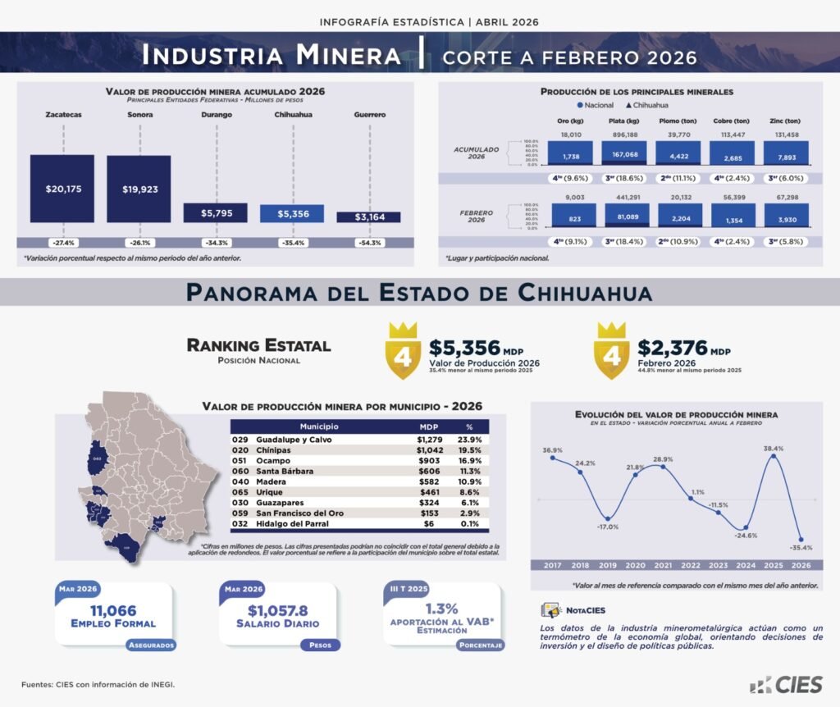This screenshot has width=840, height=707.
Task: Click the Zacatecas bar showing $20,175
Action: click(x=62, y=189)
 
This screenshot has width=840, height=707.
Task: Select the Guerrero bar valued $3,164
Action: click(x=368, y=217)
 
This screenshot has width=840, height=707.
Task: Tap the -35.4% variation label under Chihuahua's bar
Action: click(x=292, y=243)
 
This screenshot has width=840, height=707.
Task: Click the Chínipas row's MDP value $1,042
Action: click(x=430, y=451)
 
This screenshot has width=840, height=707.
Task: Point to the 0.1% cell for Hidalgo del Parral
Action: click(x=469, y=522)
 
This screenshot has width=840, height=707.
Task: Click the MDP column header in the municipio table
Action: click(x=429, y=426)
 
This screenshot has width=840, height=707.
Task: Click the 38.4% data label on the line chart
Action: click(x=774, y=449)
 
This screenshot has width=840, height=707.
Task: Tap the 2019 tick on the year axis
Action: click(x=607, y=565)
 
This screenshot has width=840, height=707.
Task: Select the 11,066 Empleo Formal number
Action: click(x=113, y=610)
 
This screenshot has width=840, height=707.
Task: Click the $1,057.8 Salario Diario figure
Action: click(x=278, y=610)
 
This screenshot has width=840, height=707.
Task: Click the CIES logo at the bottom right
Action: click(x=785, y=684)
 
